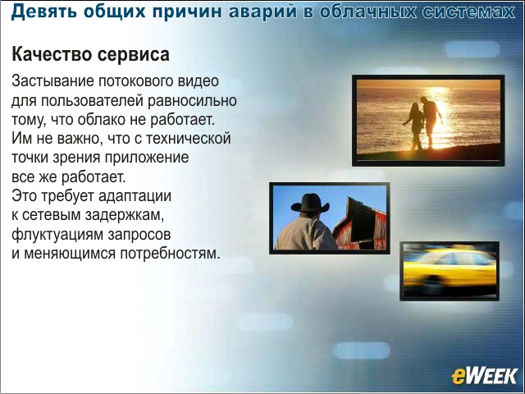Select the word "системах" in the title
[x=468, y=11]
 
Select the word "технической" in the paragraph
[x=189, y=139]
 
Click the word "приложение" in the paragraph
[x=147, y=158]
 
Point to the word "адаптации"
[x=135, y=196]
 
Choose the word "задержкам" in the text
[x=124, y=215]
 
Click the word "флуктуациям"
[x=57, y=234]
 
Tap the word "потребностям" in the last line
[x=170, y=254]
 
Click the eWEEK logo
[x=484, y=376]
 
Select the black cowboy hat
[x=310, y=204]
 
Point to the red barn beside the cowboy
[x=360, y=224]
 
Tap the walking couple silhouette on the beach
[x=423, y=123]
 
